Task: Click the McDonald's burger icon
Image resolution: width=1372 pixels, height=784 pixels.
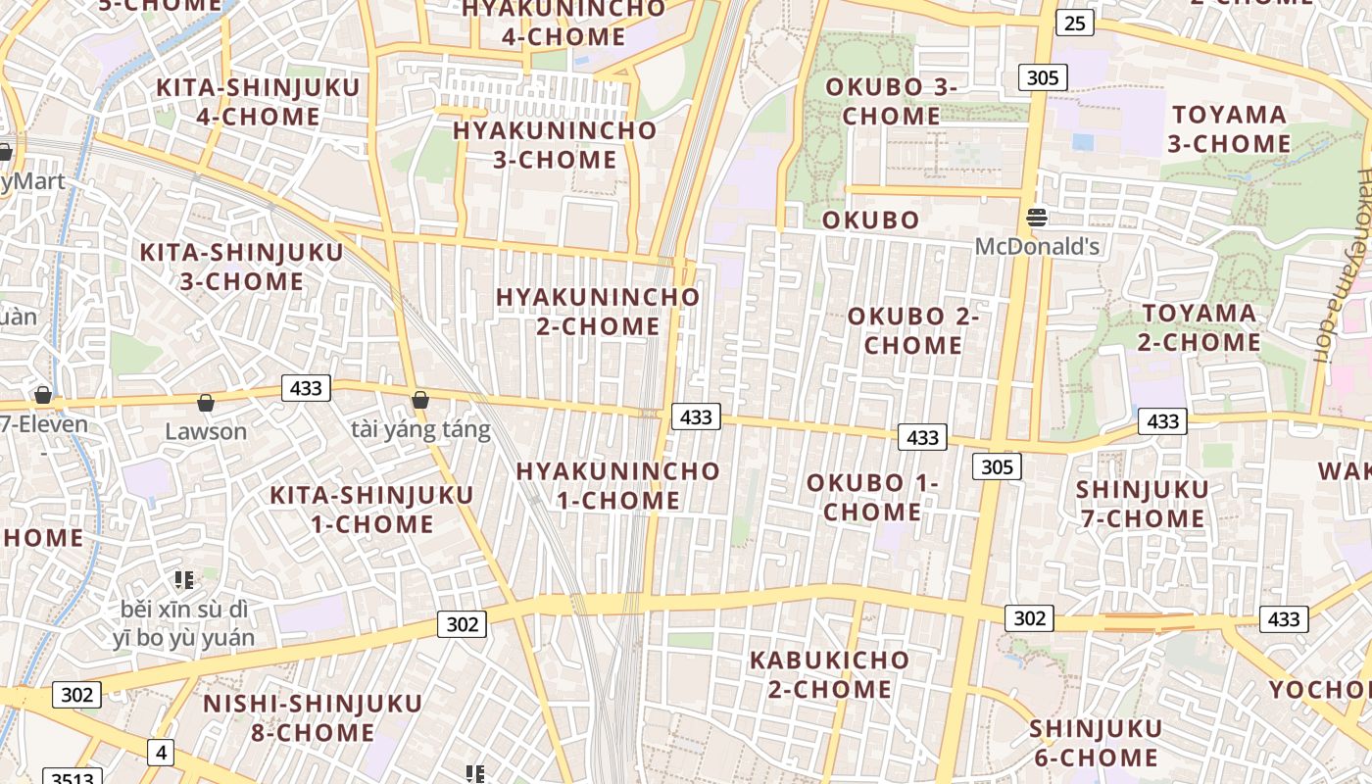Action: click(x=1037, y=217)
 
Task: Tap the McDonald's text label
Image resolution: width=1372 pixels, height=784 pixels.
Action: click(x=1037, y=246)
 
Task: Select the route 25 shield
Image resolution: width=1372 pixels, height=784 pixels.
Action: click(x=1075, y=23)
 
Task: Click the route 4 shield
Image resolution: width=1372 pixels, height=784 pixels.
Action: click(x=161, y=753)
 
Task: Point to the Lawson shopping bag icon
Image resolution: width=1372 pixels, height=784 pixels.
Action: click(x=206, y=403)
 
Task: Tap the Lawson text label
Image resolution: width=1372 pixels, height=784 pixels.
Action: click(x=206, y=431)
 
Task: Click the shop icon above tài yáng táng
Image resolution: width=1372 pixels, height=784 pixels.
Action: click(x=420, y=400)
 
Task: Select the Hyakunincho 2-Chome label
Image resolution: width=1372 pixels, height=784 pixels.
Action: click(x=598, y=312)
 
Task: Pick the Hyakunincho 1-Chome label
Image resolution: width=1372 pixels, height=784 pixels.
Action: click(x=618, y=486)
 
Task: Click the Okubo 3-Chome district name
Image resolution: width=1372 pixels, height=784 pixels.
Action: click(x=891, y=101)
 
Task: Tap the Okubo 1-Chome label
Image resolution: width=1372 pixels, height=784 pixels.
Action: click(x=872, y=497)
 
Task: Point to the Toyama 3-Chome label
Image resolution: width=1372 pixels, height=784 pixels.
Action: click(x=1229, y=129)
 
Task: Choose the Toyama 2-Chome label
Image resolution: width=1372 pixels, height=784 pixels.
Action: click(x=1200, y=328)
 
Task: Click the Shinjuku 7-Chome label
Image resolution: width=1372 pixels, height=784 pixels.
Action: click(x=1143, y=504)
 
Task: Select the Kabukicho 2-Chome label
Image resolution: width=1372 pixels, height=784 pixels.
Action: click(x=829, y=674)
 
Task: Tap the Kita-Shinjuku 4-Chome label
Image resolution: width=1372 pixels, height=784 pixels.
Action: click(x=259, y=102)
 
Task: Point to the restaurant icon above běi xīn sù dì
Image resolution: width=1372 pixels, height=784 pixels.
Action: click(x=183, y=581)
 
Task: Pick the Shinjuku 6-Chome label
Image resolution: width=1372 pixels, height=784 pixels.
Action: click(x=1095, y=743)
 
